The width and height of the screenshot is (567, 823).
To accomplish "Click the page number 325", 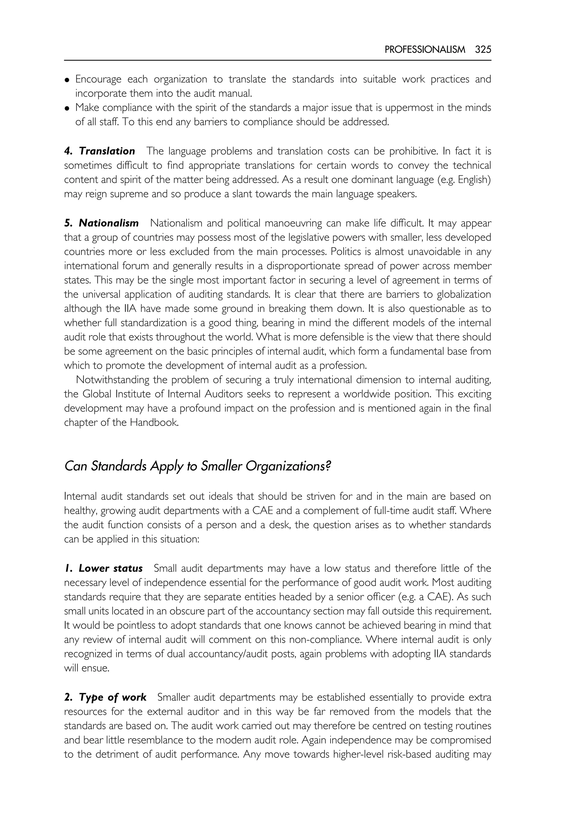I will point(483,50).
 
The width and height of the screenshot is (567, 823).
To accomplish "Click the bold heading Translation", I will point(107,151).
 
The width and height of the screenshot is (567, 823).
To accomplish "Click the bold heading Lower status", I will point(110,568).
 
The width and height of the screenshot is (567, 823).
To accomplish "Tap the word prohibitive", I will point(414,151).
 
